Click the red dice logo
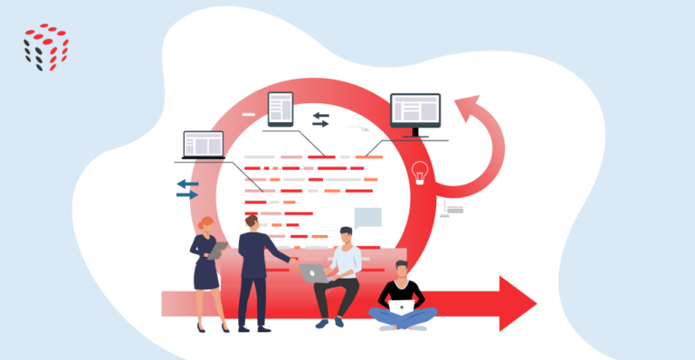click(45, 46)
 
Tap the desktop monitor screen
click(415, 110)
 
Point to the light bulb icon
click(420, 172)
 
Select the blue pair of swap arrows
click(187, 188)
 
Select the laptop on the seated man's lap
click(314, 271)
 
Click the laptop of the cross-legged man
click(400, 306)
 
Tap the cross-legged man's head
click(401, 269)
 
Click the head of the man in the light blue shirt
click(346, 236)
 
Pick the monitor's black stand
click(415, 134)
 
